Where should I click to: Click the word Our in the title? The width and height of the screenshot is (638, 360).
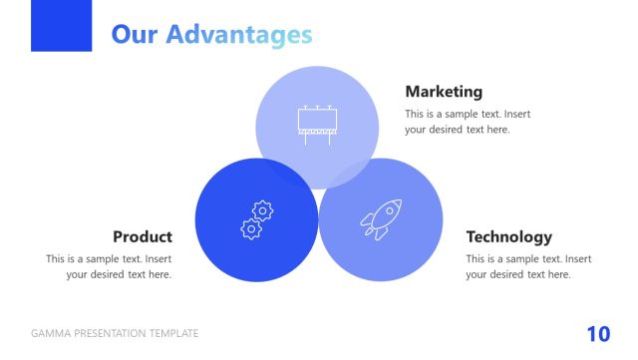pyautogui.click(x=135, y=35)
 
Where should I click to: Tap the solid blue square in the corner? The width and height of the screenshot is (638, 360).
pyautogui.click(x=61, y=25)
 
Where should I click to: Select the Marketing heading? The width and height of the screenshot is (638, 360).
pyautogui.click(x=443, y=92)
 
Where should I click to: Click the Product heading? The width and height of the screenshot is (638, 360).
pyautogui.click(x=143, y=236)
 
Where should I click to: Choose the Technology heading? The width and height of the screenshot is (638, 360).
pyautogui.click(x=508, y=236)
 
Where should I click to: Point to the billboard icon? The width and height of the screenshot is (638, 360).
pyautogui.click(x=317, y=124)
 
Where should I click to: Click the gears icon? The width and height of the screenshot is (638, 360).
pyautogui.click(x=256, y=219)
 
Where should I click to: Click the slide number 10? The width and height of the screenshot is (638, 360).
pyautogui.click(x=598, y=334)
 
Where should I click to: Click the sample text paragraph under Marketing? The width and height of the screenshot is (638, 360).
pyautogui.click(x=467, y=122)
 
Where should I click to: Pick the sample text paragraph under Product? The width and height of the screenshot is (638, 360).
pyautogui.click(x=110, y=266)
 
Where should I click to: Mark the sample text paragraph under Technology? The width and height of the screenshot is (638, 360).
pyautogui.click(x=527, y=266)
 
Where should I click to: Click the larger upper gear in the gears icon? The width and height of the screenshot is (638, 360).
pyautogui.click(x=262, y=210)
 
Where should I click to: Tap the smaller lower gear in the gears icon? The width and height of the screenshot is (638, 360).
pyautogui.click(x=250, y=228)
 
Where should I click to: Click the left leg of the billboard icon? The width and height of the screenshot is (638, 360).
pyautogui.click(x=306, y=140)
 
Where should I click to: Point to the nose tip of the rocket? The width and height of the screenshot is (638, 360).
pyautogui.click(x=399, y=201)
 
